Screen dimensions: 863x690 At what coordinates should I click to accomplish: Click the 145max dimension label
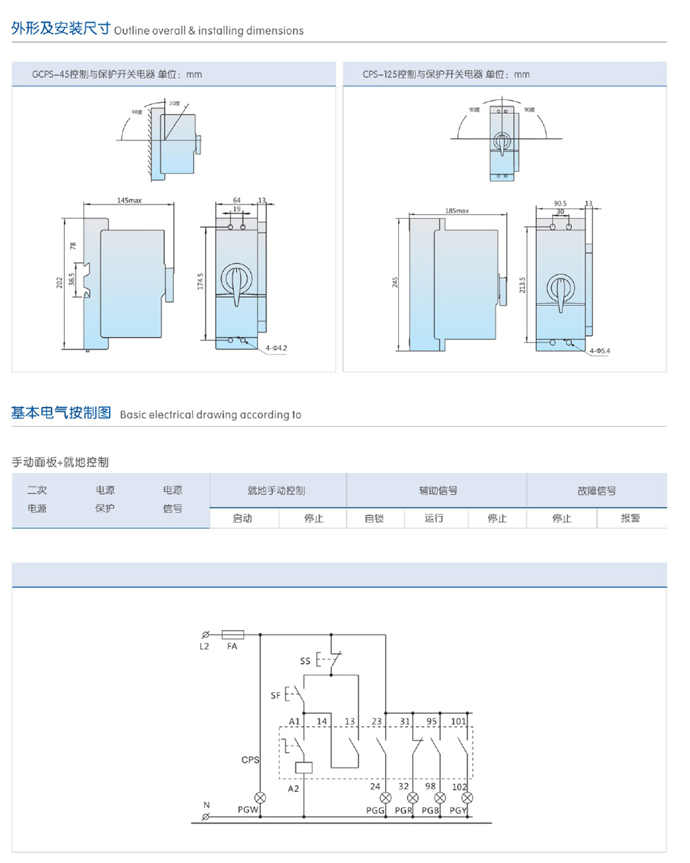(x=129, y=200)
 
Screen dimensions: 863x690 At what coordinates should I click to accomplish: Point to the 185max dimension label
(x=457, y=211)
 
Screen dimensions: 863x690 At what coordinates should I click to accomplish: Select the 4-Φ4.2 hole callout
(x=276, y=348)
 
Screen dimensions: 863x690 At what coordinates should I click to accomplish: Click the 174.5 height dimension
(x=200, y=281)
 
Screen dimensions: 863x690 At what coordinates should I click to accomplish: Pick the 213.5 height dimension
(x=522, y=284)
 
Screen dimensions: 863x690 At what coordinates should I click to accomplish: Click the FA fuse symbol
(x=233, y=634)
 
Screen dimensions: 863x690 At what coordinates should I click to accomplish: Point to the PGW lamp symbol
(x=260, y=797)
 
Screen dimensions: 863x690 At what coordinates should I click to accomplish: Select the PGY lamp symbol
(x=468, y=797)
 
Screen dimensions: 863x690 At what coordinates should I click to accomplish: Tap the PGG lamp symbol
(x=386, y=797)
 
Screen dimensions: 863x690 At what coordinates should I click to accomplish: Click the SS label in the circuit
(x=305, y=661)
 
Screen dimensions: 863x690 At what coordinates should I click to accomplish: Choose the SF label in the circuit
(x=275, y=695)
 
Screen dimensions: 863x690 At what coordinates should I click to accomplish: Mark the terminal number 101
(x=459, y=721)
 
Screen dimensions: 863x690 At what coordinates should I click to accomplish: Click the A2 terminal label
(x=293, y=788)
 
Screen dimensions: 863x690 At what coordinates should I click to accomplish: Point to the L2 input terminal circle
(x=205, y=634)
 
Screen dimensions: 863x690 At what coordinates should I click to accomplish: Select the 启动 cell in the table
(x=242, y=518)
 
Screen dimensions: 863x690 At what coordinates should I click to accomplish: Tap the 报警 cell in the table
(x=630, y=518)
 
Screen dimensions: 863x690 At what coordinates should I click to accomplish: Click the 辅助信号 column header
(x=438, y=491)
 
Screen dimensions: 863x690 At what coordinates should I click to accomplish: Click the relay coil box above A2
(x=303, y=767)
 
